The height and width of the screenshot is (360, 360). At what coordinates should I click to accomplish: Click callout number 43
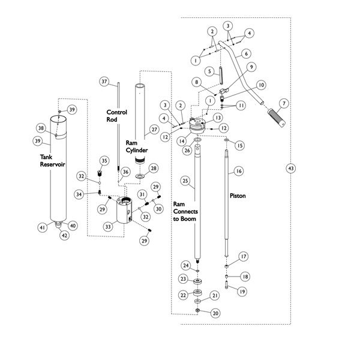291,168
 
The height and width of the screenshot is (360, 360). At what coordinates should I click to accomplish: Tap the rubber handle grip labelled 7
277,118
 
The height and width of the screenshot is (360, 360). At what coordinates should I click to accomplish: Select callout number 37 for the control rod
104,81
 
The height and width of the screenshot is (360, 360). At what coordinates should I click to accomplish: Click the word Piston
238,196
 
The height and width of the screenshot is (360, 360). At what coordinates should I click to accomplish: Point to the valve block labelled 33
124,209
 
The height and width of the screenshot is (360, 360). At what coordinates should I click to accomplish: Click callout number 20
215,313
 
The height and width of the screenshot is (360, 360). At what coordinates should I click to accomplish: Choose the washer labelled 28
140,176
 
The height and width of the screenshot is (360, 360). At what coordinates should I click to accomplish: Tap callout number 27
154,130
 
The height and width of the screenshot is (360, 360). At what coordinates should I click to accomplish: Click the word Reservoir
53,164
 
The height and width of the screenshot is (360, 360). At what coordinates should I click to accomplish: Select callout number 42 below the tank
65,235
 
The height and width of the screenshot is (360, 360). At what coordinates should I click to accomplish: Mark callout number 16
239,171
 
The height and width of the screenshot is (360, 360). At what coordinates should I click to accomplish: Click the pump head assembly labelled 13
196,126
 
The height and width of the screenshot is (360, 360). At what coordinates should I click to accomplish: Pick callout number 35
104,161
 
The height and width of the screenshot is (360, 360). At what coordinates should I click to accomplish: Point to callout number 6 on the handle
247,54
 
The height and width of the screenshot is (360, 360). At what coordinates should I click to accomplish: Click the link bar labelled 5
221,76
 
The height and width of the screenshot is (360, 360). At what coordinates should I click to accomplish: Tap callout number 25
185,181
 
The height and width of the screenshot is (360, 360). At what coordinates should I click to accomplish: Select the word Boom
189,219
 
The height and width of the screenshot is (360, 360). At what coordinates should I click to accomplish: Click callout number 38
41,128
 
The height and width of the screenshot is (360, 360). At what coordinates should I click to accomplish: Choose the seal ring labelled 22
197,293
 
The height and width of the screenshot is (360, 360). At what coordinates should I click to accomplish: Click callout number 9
251,67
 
